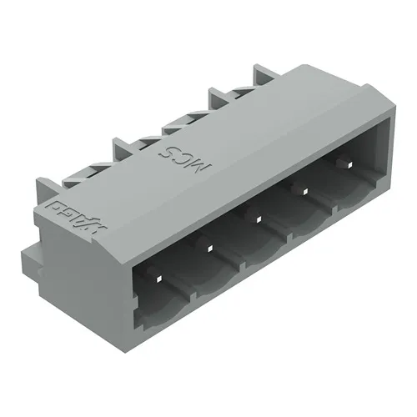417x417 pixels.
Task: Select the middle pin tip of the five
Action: (259, 219)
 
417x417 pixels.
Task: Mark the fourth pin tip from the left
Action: (304, 192)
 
